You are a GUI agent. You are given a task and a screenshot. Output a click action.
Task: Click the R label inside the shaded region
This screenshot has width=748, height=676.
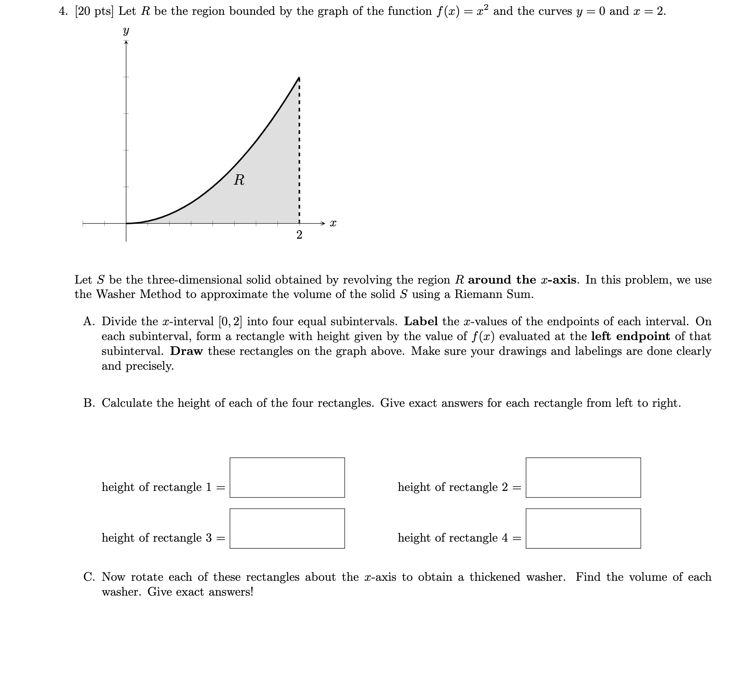(239, 180)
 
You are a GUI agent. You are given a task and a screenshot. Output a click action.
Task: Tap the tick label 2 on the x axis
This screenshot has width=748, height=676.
(299, 235)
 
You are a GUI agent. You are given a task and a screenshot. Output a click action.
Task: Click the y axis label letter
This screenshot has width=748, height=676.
(126, 31)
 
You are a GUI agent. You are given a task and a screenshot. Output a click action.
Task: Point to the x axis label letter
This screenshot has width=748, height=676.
(333, 224)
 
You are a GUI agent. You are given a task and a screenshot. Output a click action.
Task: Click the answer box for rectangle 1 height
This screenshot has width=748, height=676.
(287, 477)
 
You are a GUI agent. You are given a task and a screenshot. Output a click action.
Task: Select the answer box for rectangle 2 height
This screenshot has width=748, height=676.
(583, 477)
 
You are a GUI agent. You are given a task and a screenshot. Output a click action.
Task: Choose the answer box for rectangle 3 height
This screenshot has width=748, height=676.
(287, 528)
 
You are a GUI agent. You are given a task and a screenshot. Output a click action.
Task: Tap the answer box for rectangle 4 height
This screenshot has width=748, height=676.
(583, 528)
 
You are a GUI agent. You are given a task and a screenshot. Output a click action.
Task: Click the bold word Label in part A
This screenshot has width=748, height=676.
(421, 322)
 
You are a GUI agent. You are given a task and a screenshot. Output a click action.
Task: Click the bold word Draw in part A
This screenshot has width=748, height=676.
(186, 351)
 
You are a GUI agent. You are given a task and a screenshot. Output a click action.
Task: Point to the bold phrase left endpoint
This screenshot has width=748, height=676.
(630, 336)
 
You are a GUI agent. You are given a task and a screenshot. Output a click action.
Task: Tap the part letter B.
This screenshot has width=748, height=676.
(89, 403)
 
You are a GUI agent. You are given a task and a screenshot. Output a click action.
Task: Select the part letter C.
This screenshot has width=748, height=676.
(89, 577)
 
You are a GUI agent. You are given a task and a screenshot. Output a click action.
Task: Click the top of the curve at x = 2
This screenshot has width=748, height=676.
(299, 77)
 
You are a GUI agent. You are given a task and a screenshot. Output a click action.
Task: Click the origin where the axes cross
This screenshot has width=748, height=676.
(126, 223)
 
